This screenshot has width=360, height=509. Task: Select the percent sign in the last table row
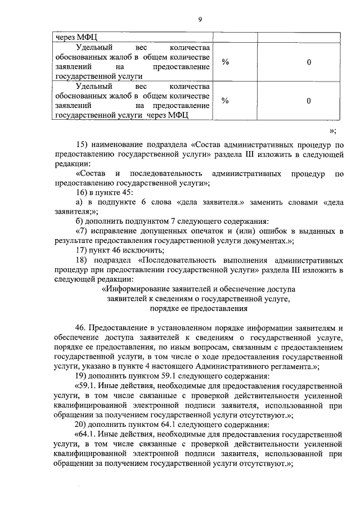[x=225, y=101]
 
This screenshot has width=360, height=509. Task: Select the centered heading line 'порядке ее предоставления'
[x=199, y=308]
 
